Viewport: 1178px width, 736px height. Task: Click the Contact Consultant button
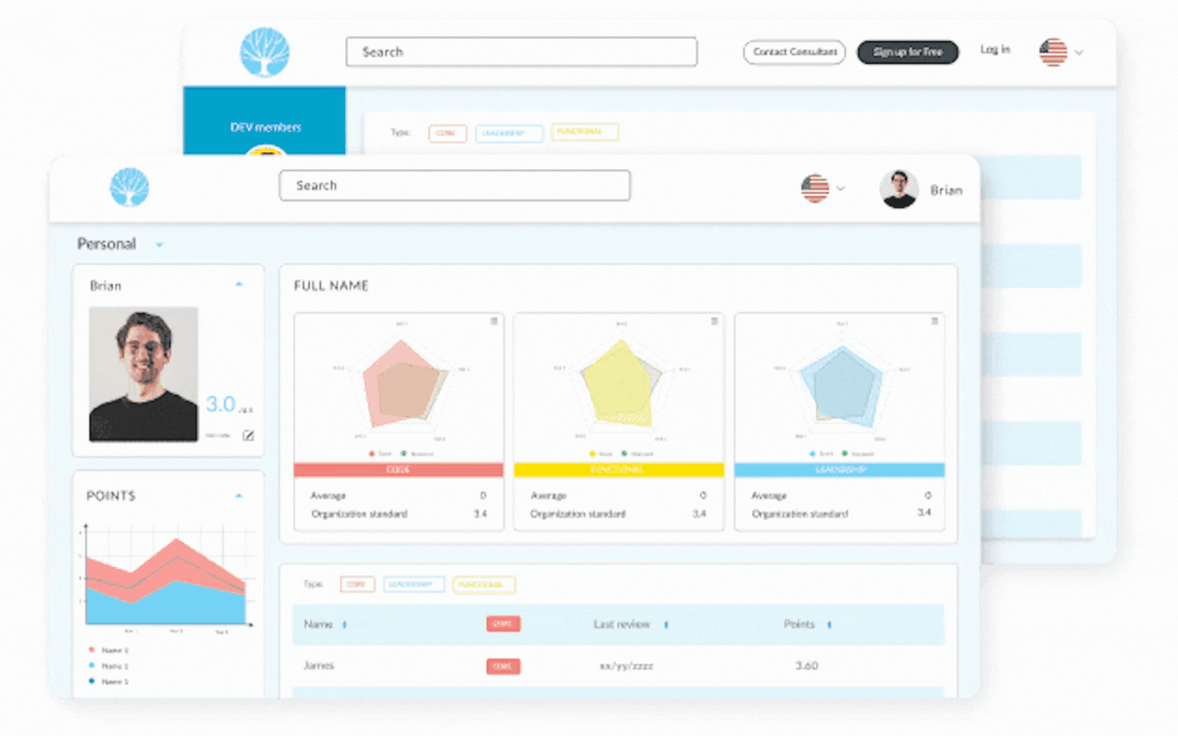[x=794, y=52]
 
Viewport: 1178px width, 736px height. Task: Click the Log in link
[x=995, y=49]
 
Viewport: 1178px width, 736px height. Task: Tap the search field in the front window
[x=454, y=185]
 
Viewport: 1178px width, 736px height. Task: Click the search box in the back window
[x=521, y=52]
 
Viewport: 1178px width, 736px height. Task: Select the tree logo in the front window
[x=129, y=187]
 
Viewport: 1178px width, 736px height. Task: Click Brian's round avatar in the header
[x=899, y=189]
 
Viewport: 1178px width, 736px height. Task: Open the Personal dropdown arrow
[x=159, y=245]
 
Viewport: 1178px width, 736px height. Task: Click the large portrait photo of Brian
[x=143, y=374]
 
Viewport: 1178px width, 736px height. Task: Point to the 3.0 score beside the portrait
[x=221, y=404]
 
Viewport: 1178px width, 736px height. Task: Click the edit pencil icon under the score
[x=249, y=436]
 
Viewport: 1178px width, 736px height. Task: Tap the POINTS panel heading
[x=111, y=495]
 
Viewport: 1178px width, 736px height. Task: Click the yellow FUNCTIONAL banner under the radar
[x=619, y=470]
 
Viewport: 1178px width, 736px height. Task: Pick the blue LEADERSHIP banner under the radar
[x=839, y=470]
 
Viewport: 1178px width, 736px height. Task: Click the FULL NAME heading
[x=331, y=286]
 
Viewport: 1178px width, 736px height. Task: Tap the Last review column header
[x=621, y=624]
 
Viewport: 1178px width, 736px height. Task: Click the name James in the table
[x=319, y=665]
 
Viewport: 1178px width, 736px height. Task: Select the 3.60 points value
[x=807, y=665]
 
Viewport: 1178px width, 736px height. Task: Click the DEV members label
[x=265, y=128]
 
